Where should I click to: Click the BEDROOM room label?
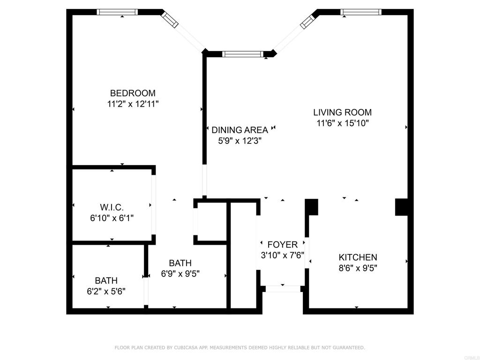click(x=133, y=93)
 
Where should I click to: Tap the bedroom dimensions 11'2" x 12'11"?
click(x=133, y=104)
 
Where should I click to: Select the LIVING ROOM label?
click(x=342, y=112)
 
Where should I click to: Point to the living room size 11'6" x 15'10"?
click(x=342, y=123)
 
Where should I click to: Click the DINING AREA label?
click(x=240, y=130)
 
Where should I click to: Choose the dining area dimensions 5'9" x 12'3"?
click(x=240, y=141)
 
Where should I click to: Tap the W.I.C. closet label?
click(x=112, y=208)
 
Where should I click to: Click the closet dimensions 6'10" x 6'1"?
click(x=112, y=218)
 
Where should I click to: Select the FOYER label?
click(x=282, y=245)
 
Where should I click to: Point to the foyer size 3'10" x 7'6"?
click(x=282, y=255)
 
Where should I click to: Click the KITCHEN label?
click(x=358, y=257)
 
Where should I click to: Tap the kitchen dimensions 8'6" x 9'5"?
click(x=358, y=268)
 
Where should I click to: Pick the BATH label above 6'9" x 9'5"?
click(x=180, y=263)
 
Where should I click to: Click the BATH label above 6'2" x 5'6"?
click(x=106, y=280)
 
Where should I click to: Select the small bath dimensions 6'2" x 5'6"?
click(x=106, y=292)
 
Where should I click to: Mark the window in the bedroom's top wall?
click(x=117, y=12)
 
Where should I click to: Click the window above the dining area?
click(x=243, y=54)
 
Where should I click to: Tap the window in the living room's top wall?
click(x=361, y=12)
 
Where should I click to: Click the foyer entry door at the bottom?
click(x=283, y=289)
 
